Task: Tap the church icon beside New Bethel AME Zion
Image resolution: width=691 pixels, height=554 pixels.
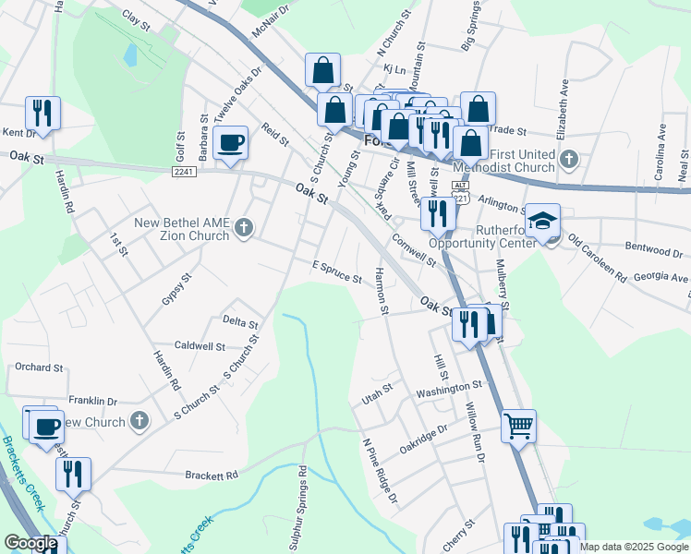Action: [x=244, y=227]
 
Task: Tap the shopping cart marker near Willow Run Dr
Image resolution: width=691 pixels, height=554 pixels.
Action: [x=518, y=426]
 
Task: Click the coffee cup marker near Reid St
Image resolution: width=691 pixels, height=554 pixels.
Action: [x=230, y=143]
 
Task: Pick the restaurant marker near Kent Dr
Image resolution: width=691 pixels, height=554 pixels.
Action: [x=42, y=114]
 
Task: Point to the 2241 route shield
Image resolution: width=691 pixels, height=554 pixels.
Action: [x=185, y=171]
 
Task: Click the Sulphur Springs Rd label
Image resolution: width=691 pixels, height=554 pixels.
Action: [x=302, y=507]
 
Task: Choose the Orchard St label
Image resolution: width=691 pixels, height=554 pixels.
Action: [x=39, y=367]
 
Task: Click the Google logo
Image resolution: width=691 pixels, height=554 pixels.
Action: [x=30, y=543]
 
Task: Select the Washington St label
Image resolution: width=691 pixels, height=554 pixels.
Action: [x=449, y=388]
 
